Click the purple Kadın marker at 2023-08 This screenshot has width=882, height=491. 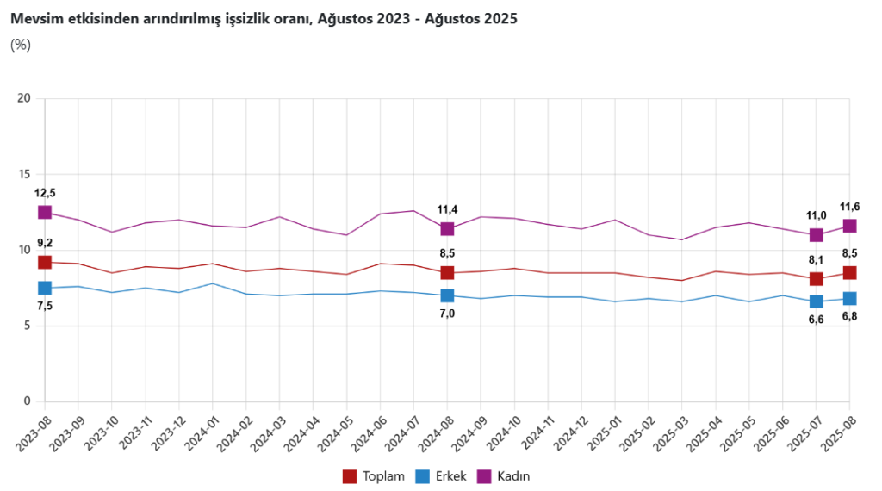[x=45, y=212]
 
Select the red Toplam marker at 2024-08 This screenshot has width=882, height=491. [x=447, y=273]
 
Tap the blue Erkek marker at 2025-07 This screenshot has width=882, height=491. [x=816, y=301]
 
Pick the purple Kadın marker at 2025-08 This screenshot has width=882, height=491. [x=849, y=226]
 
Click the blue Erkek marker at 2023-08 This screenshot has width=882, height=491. [x=45, y=288]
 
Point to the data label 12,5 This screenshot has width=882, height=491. [x=45, y=193]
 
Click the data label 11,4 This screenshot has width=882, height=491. [x=447, y=209]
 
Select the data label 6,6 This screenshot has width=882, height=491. [x=816, y=320]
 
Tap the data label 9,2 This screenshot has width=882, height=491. [x=45, y=244]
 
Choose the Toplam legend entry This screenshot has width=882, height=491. [x=373, y=475]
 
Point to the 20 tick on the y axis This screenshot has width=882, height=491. [x=25, y=98]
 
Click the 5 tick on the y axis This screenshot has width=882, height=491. [x=28, y=326]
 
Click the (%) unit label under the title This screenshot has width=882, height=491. [x=20, y=45]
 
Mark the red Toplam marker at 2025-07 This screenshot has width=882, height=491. [x=816, y=279]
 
